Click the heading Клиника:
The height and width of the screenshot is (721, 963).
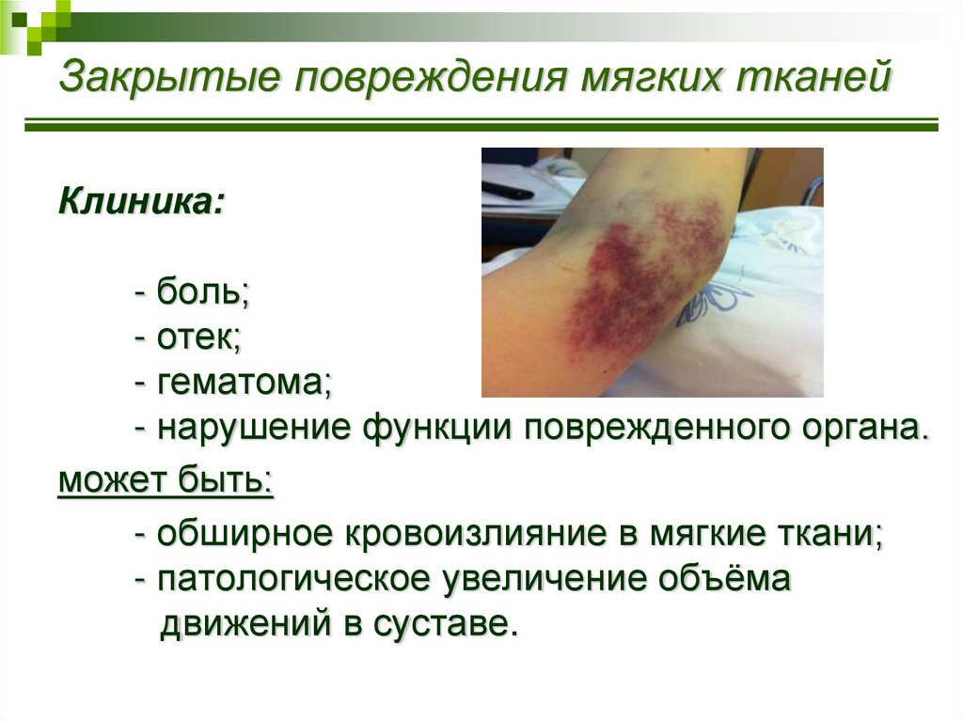(x=141, y=200)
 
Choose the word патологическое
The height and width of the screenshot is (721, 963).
(x=293, y=580)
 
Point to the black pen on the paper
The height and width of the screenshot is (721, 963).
(x=508, y=191)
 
